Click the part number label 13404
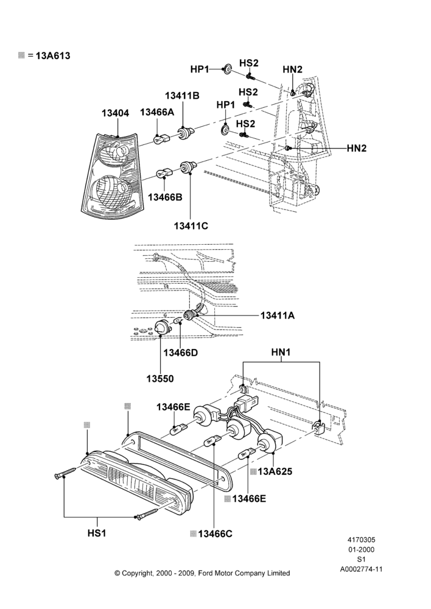pos(115,113)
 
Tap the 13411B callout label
pos(182,96)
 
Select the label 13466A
pos(157,112)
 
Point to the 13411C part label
pos(191,226)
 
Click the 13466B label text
pos(165,197)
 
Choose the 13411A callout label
pos(277,315)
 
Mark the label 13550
pos(160,378)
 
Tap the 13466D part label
pos(181,353)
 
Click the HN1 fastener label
pos(281,352)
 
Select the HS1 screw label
pos(97,533)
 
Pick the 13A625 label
pos(275,471)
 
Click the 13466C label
pos(215,534)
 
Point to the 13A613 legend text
pos(53,55)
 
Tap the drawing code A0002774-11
pos(362,569)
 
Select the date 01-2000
pos(362,549)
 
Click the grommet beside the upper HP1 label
pos(227,69)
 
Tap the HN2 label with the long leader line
pos(357,148)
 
